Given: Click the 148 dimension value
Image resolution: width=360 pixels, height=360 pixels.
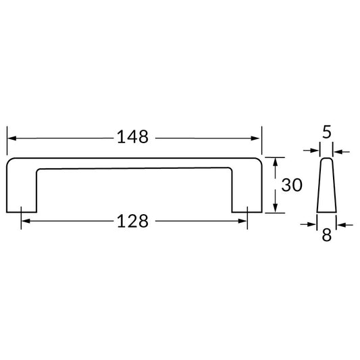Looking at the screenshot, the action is (x=132, y=137).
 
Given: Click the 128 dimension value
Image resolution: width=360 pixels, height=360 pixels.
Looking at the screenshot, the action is (x=132, y=221).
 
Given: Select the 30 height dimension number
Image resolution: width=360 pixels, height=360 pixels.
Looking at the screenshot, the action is (x=292, y=185).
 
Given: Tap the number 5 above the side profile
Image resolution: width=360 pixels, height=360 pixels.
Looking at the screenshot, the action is (x=327, y=132).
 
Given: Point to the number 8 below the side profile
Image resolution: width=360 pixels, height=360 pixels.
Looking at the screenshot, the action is (x=327, y=235).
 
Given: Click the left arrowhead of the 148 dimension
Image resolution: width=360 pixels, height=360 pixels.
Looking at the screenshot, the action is (x=11, y=138).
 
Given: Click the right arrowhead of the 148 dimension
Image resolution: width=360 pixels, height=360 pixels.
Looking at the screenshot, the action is (x=255, y=138).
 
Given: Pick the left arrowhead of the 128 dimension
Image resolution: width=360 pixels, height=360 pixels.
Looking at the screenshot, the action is (x=26, y=221).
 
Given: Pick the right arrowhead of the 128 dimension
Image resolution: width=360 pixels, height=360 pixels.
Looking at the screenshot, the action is (x=242, y=221).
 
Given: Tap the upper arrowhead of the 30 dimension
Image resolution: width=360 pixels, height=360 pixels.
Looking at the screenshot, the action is (x=276, y=162).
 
